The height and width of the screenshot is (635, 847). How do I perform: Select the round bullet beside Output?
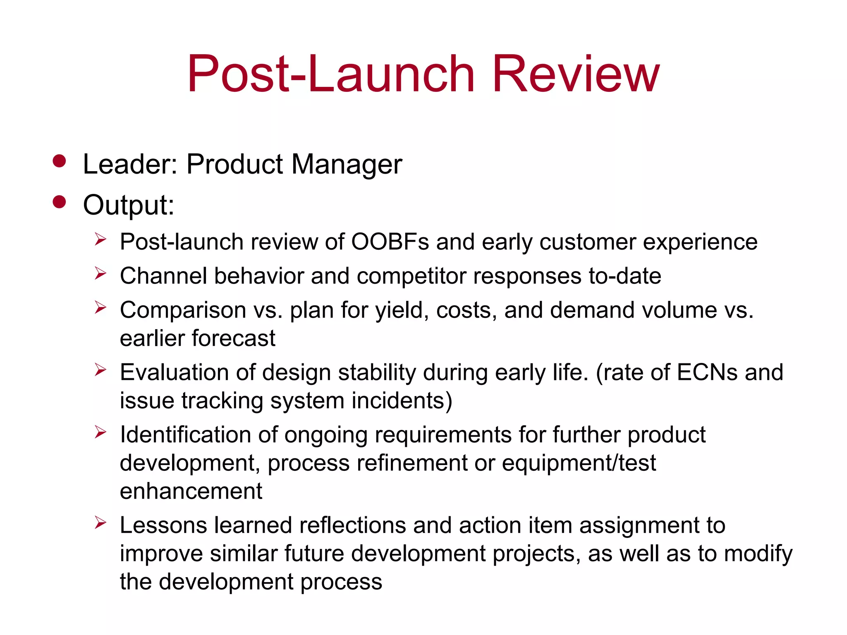(60, 202)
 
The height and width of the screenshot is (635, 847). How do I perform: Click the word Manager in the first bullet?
(347, 165)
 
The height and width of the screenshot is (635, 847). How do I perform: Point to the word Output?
(129, 205)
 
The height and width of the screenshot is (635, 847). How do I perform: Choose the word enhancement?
(191, 491)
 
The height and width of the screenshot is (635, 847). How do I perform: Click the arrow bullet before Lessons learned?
(100, 523)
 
